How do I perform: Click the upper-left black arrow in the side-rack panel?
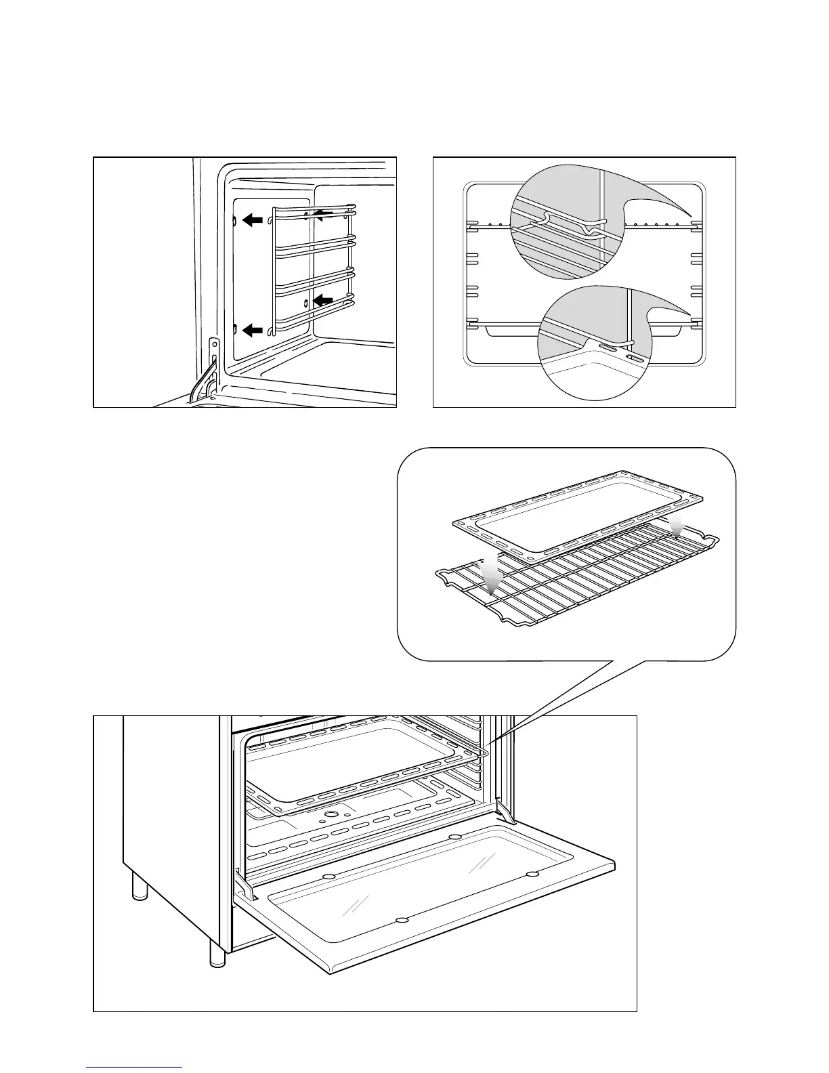pos(252,219)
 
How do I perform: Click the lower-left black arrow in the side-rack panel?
pos(252,330)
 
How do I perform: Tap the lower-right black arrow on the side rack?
pos(323,299)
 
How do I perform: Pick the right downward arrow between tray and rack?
pos(675,529)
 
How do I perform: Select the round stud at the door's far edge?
pos(454,837)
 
